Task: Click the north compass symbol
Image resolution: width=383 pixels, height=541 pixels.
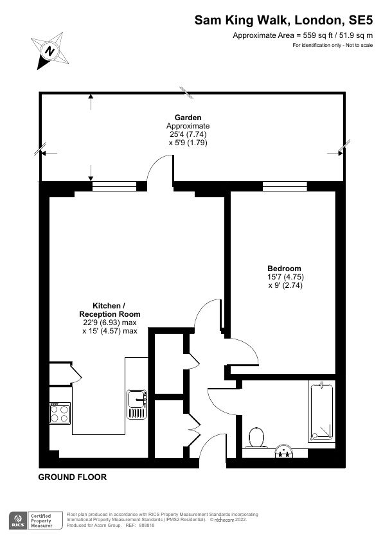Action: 49,49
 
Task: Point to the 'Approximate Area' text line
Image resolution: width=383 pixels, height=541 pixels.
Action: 302,36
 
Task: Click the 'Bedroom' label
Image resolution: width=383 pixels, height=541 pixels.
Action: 284,268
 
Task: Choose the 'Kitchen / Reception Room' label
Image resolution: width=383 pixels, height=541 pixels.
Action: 110,310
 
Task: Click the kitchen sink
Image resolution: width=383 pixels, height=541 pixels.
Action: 138,404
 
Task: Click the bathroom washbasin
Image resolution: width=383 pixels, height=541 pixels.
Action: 283,450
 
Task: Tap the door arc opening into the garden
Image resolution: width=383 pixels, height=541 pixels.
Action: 160,172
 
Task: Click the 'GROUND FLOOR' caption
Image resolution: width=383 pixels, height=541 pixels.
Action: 73,477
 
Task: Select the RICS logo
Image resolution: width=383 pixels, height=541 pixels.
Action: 17,519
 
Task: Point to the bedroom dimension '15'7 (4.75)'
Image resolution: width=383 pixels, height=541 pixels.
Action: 284,277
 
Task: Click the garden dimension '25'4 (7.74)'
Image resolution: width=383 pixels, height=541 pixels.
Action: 188,135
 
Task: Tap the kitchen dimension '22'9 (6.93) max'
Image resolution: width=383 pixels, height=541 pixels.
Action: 110,323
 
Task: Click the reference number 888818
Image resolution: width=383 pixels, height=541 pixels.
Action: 147,525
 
